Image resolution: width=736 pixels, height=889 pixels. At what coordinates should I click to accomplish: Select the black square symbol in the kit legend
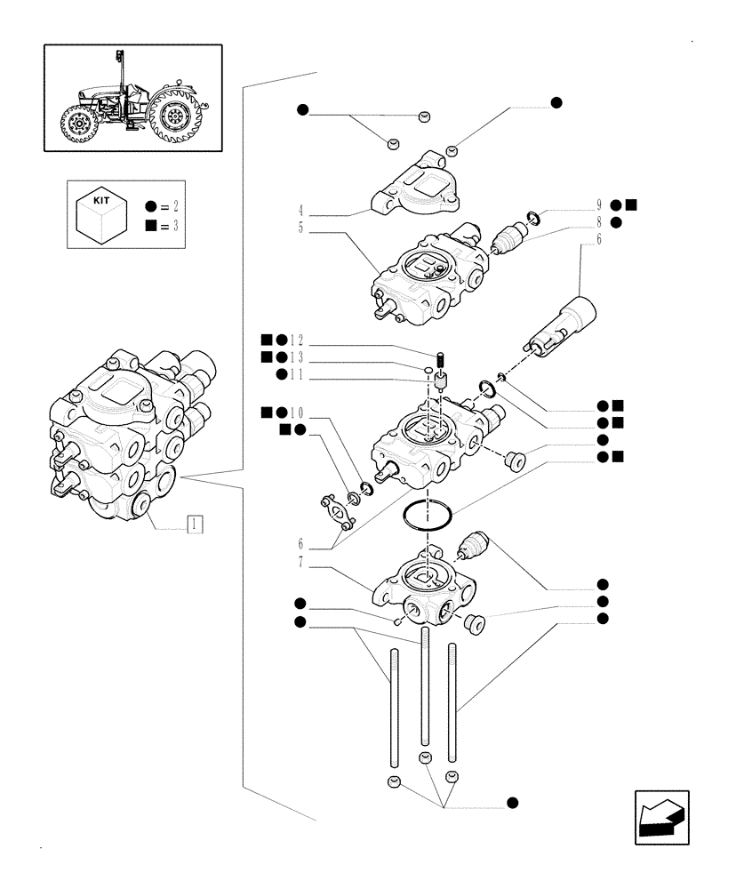[150, 226]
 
